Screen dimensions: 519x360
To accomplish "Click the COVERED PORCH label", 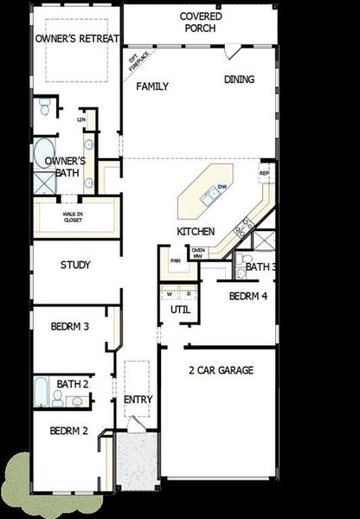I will (x=201, y=22).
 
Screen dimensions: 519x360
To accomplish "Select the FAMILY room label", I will (x=152, y=86).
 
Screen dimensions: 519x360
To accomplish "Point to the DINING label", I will (x=240, y=80).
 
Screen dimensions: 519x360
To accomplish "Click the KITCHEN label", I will (x=195, y=233).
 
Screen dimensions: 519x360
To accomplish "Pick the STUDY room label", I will (x=75, y=266).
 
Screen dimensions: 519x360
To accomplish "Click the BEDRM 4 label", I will (x=248, y=296).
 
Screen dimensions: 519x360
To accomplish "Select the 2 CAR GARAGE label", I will (x=221, y=370).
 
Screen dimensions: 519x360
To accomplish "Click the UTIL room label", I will (x=179, y=309).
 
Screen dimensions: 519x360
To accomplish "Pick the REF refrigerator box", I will (x=265, y=173).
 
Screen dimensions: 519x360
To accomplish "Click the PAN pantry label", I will (x=175, y=259).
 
